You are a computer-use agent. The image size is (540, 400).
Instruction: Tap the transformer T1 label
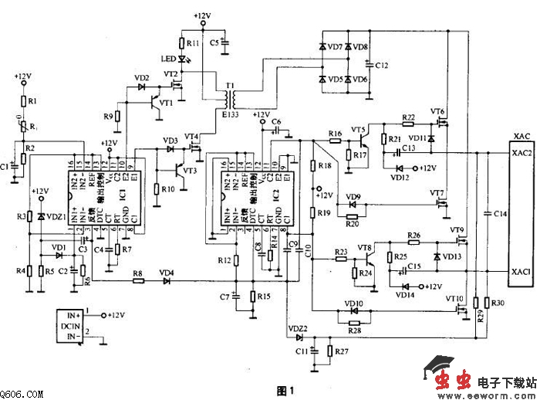pos(228,85)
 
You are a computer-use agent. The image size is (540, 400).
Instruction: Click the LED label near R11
pos(167,59)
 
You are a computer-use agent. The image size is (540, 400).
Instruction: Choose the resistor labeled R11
pos(192,44)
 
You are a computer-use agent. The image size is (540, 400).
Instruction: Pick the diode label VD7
pos(336,47)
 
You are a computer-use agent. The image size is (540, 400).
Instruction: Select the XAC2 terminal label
pos(522,154)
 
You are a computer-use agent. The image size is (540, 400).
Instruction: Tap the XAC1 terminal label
pos(521,272)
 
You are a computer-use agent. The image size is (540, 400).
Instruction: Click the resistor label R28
pos(355,330)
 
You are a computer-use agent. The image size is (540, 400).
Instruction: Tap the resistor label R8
pos(137,273)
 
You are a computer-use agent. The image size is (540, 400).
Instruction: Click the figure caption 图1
pos(285,391)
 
